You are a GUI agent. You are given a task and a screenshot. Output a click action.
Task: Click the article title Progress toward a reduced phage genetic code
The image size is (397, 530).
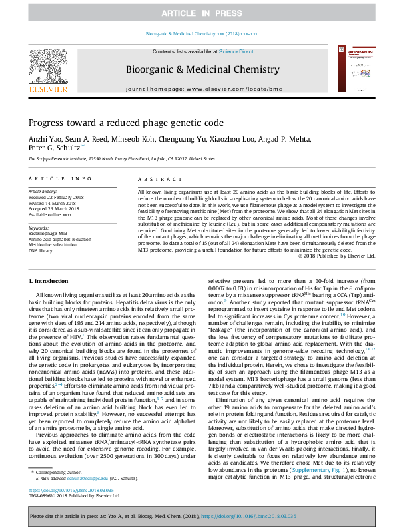click(x=117, y=123)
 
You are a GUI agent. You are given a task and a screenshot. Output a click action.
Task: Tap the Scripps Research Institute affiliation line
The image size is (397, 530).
click(x=121, y=160)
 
